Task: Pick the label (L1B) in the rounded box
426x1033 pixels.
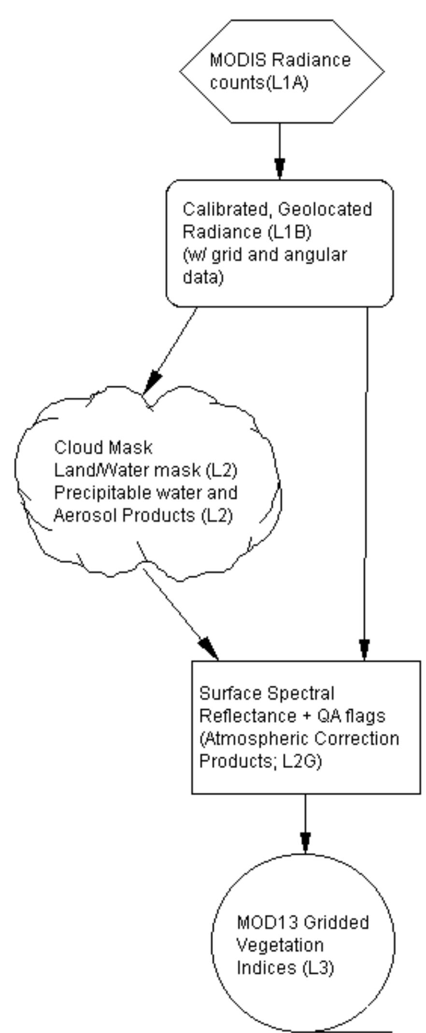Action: [x=289, y=232]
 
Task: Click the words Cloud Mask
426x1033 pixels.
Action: [x=103, y=448]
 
